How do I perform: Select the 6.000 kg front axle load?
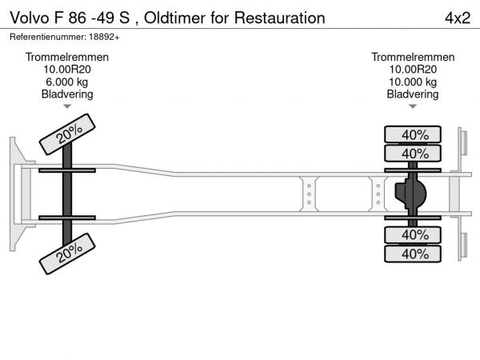67,82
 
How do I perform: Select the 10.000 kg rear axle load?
413,82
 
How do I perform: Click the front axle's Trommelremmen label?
67,57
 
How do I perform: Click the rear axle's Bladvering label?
413,94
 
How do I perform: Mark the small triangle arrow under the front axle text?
67,106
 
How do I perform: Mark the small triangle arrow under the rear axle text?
413,106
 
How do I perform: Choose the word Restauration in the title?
275,17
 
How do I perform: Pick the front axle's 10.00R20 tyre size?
67,70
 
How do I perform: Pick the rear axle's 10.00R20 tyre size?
413,70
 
